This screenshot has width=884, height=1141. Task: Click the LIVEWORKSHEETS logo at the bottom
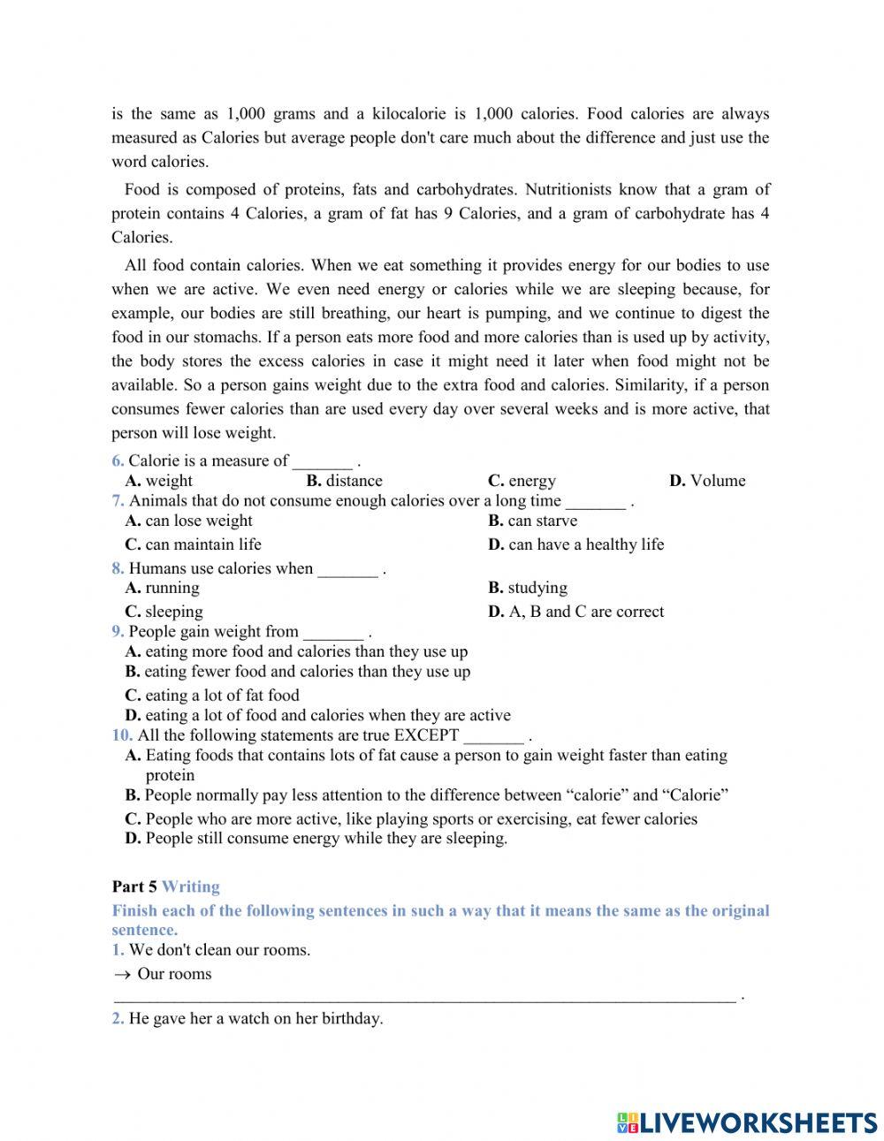pyautogui.click(x=747, y=1122)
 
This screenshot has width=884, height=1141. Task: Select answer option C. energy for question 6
pyautogui.click(x=522, y=481)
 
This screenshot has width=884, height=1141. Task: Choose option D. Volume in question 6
pyautogui.click(x=707, y=481)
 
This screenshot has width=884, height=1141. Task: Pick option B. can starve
pyautogui.click(x=532, y=521)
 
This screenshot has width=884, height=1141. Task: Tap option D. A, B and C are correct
pyautogui.click(x=575, y=612)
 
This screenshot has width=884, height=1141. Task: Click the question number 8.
pyautogui.click(x=118, y=568)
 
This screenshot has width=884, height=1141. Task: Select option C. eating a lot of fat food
pyautogui.click(x=212, y=696)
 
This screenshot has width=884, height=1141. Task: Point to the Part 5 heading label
pyautogui.click(x=134, y=886)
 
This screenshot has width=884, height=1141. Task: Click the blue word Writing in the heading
pyautogui.click(x=191, y=886)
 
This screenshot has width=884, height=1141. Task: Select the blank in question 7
pyautogui.click(x=596, y=502)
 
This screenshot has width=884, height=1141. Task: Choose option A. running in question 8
pyautogui.click(x=163, y=588)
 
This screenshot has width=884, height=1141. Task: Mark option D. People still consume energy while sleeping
pyautogui.click(x=316, y=838)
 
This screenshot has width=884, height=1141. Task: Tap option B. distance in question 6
pyautogui.click(x=345, y=481)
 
